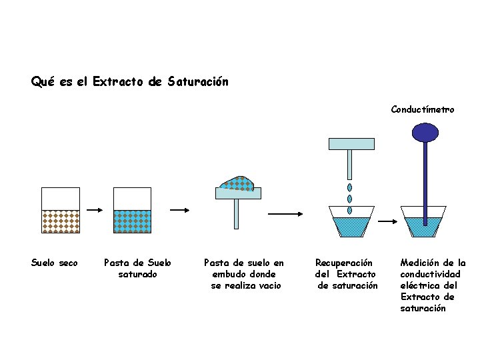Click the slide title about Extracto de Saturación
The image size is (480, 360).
tap(129, 82)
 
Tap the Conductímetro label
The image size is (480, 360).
tap(423, 109)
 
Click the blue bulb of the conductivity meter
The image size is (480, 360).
tap(424, 133)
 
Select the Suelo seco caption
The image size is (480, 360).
tap(55, 263)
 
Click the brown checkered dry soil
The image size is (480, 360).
tap(61, 221)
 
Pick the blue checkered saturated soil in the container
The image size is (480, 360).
tap(133, 221)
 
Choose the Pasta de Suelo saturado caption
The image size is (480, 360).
tap(137, 268)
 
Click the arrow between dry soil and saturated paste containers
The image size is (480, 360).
tap(96, 210)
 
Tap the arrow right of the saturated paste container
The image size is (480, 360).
tap(180, 210)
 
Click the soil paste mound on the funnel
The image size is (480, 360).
tap(238, 183)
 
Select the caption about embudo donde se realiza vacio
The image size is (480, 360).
tap(243, 274)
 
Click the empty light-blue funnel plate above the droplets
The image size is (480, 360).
tap(351, 143)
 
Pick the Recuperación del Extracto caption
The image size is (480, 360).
tap(346, 274)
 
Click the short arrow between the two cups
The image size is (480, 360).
tap(387, 221)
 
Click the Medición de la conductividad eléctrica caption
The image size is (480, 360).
tap(433, 285)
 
